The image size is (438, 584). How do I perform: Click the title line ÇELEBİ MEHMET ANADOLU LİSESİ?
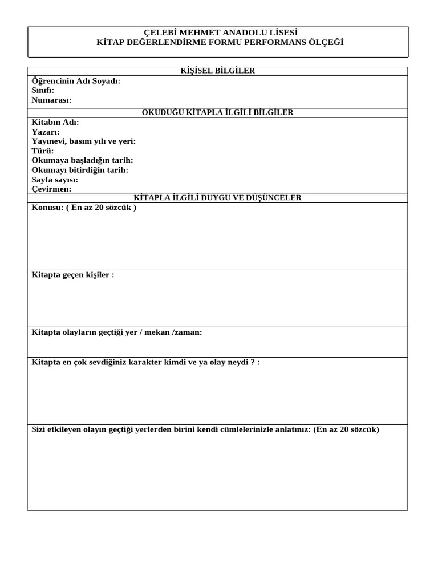217,33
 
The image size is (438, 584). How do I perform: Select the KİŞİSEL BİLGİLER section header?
217,71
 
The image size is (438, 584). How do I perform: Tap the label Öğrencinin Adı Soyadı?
76,81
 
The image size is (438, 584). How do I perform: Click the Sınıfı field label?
43,90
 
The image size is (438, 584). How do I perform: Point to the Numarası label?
51,100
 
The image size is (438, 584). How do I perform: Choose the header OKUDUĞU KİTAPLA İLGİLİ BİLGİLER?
217,113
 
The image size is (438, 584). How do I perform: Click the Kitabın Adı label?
55,123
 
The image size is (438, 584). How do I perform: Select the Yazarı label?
46,132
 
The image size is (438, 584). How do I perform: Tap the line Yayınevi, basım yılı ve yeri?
84,141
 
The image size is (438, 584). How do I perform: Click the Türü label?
43,151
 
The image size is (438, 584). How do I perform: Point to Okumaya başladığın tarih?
82,160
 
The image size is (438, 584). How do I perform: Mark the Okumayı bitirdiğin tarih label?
80,170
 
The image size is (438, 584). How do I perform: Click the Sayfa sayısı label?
55,180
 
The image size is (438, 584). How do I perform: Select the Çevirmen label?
51,189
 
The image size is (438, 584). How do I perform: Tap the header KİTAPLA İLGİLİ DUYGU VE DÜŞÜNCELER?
217,198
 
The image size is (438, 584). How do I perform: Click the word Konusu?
46,208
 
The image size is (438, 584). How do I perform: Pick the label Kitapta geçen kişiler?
72,275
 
